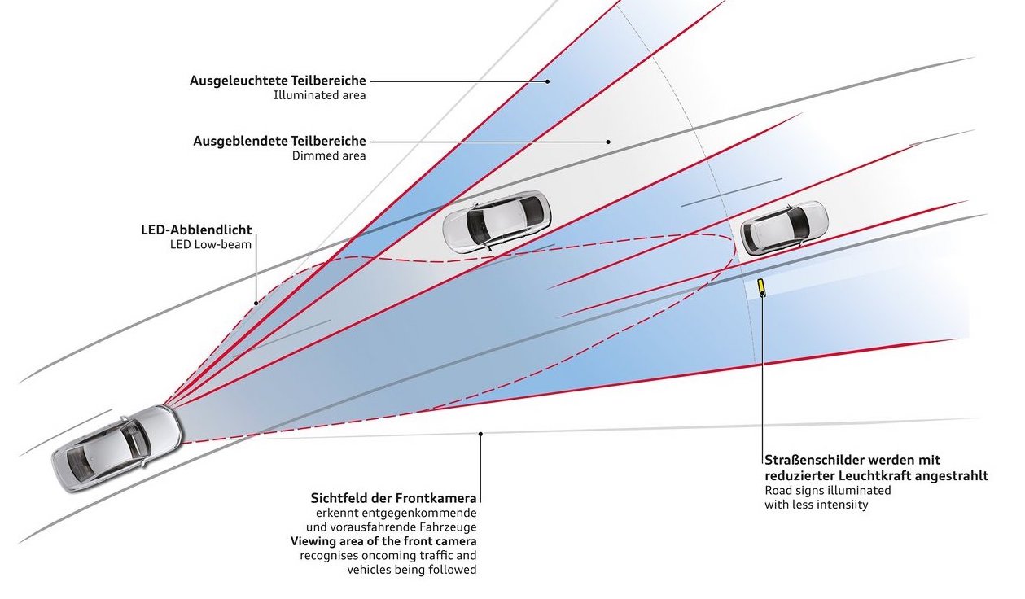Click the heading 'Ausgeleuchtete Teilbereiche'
(278, 81)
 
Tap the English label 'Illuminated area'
(320, 95)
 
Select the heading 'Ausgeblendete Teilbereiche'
(279, 141)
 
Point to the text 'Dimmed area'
(329, 155)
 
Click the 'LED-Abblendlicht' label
(196, 230)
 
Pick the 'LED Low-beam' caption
(211, 244)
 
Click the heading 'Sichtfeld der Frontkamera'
(393, 497)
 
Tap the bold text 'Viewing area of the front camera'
(383, 541)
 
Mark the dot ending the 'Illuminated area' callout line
(547, 81)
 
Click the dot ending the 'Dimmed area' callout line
(608, 142)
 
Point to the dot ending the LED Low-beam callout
(256, 303)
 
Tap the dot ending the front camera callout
(480, 433)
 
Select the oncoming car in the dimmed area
(497, 222)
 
